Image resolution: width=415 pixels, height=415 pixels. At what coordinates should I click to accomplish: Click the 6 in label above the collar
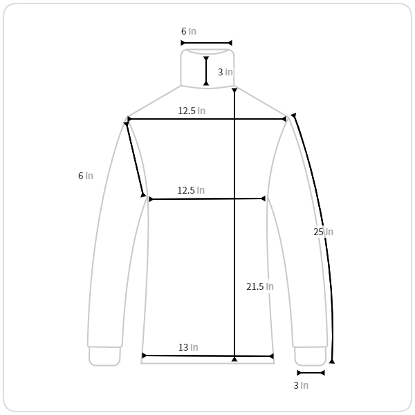click(189, 31)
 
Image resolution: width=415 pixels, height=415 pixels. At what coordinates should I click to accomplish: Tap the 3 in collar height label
click(225, 72)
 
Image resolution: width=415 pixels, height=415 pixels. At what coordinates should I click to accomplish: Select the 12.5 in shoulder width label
click(192, 111)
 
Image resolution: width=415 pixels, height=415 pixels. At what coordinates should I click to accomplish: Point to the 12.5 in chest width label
click(191, 190)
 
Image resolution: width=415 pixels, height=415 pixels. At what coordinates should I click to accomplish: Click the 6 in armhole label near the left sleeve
click(86, 176)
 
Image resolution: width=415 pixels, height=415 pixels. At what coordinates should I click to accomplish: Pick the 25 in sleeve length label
click(323, 232)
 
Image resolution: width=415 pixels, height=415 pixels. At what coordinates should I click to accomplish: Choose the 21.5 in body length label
click(260, 286)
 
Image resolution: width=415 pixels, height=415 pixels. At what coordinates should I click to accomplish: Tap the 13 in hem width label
click(188, 347)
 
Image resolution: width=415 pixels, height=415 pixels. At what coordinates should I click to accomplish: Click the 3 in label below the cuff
click(301, 385)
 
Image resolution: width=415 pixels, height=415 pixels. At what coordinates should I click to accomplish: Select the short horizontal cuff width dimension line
click(311, 373)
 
